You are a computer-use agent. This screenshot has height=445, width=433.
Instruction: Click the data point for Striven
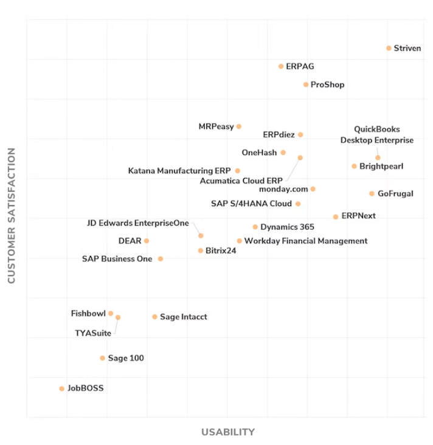coord(389,48)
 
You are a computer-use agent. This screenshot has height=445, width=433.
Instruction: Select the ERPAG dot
coord(281,66)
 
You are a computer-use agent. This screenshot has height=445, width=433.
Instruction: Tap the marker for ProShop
coord(306,85)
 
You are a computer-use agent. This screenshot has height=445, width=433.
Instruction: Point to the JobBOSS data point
coord(61,388)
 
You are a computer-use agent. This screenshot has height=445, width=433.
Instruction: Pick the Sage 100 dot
coord(102,358)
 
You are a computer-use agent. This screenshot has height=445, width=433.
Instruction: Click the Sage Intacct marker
coord(154,317)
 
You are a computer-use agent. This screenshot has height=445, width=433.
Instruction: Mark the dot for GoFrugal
coord(372,193)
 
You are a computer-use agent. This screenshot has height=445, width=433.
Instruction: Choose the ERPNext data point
coord(336,216)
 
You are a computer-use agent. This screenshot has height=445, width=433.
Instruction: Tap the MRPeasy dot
coord(239,126)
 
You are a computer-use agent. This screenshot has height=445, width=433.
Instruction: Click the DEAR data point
coord(147,241)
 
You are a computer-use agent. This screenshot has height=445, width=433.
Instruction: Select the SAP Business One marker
coord(161,258)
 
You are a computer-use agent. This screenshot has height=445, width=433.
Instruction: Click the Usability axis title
coord(228,432)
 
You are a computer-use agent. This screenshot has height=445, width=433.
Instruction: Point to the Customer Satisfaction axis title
coord(11,216)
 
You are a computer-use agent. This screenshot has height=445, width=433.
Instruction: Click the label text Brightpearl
coord(381,166)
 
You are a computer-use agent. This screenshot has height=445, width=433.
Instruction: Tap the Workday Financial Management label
coord(306,241)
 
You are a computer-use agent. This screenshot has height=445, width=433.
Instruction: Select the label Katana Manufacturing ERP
coord(179,171)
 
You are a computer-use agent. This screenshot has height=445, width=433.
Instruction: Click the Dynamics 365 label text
coord(287,227)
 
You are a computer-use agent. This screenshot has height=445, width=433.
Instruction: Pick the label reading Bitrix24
coord(221,250)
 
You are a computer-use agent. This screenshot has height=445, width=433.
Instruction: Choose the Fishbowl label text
coord(88,313)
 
